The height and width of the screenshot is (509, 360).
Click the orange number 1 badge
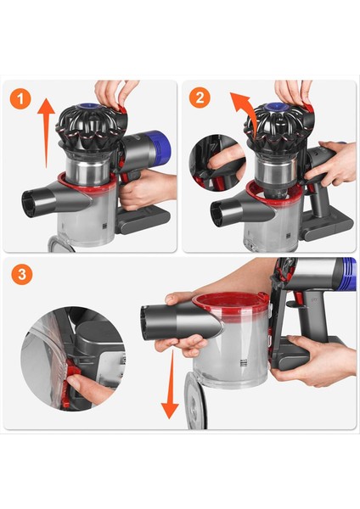point(22,98)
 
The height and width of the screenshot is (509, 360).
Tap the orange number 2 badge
point(201,98)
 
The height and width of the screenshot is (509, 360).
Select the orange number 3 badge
point(22,276)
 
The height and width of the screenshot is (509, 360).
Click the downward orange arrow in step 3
point(170,390)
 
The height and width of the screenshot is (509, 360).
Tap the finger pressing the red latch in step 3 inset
point(85,390)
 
